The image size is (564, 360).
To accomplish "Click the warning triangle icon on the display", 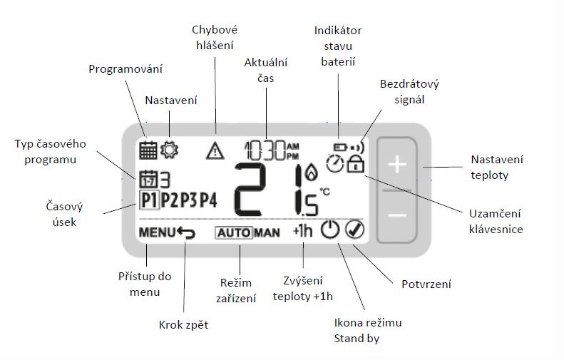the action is pyautogui.click(x=215, y=150).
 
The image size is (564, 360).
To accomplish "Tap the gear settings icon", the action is pyautogui.click(x=169, y=150).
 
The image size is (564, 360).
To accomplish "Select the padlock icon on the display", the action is pyautogui.click(x=355, y=164).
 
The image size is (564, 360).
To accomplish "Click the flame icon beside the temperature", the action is pyautogui.click(x=311, y=173).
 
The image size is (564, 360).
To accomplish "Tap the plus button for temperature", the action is pyautogui.click(x=397, y=165).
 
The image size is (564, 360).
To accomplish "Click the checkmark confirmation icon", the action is pyautogui.click(x=354, y=230).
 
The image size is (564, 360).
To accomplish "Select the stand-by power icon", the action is pyautogui.click(x=330, y=230).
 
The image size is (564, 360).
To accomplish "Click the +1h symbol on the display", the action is pyautogui.click(x=302, y=230).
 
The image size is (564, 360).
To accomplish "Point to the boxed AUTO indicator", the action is pyautogui.click(x=234, y=232).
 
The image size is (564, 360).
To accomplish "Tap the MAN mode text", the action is pyautogui.click(x=267, y=233).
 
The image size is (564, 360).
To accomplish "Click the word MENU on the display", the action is pyautogui.click(x=157, y=232).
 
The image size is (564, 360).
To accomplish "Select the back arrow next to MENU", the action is pyautogui.click(x=186, y=233).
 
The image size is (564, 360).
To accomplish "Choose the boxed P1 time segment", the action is pyautogui.click(x=148, y=200).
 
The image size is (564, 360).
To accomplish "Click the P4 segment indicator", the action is pyautogui.click(x=208, y=200).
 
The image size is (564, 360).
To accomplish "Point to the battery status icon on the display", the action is pyautogui.click(x=340, y=147).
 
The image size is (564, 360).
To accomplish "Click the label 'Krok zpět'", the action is pyautogui.click(x=183, y=325).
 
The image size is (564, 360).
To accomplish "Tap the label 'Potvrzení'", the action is pyautogui.click(x=426, y=284).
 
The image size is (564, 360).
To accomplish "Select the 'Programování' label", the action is pyautogui.click(x=125, y=68).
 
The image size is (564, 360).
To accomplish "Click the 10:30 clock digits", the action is pyautogui.click(x=265, y=150).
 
